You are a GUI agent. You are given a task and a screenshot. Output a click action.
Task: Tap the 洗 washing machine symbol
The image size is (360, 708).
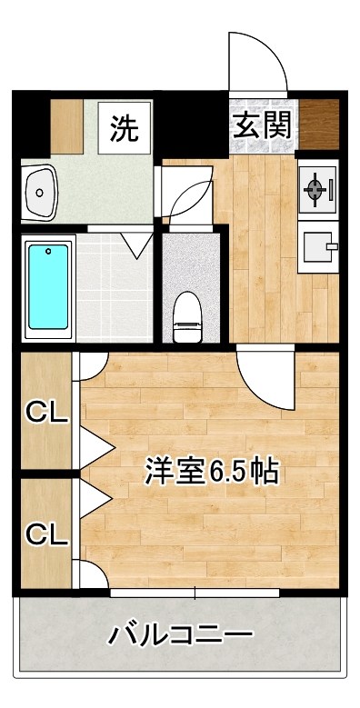click(x=125, y=128)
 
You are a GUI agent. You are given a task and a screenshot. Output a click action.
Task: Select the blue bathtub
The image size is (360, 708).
click(x=48, y=286)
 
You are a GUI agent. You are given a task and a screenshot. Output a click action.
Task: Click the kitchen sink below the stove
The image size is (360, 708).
click(x=317, y=244)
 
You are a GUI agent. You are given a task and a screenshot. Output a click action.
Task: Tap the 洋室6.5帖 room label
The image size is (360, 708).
click(x=212, y=472)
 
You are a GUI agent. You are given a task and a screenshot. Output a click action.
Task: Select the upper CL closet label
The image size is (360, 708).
click(x=46, y=414)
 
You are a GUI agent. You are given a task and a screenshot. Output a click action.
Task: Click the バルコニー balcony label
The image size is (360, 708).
click(x=181, y=633)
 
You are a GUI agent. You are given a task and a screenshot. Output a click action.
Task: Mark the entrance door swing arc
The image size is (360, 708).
click(x=256, y=61)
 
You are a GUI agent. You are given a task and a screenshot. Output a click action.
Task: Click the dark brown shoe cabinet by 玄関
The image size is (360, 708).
click(x=319, y=125)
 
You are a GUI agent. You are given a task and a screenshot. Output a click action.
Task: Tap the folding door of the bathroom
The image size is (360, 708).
click(x=137, y=243)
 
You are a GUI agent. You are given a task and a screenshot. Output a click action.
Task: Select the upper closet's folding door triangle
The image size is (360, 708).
click(x=96, y=444)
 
